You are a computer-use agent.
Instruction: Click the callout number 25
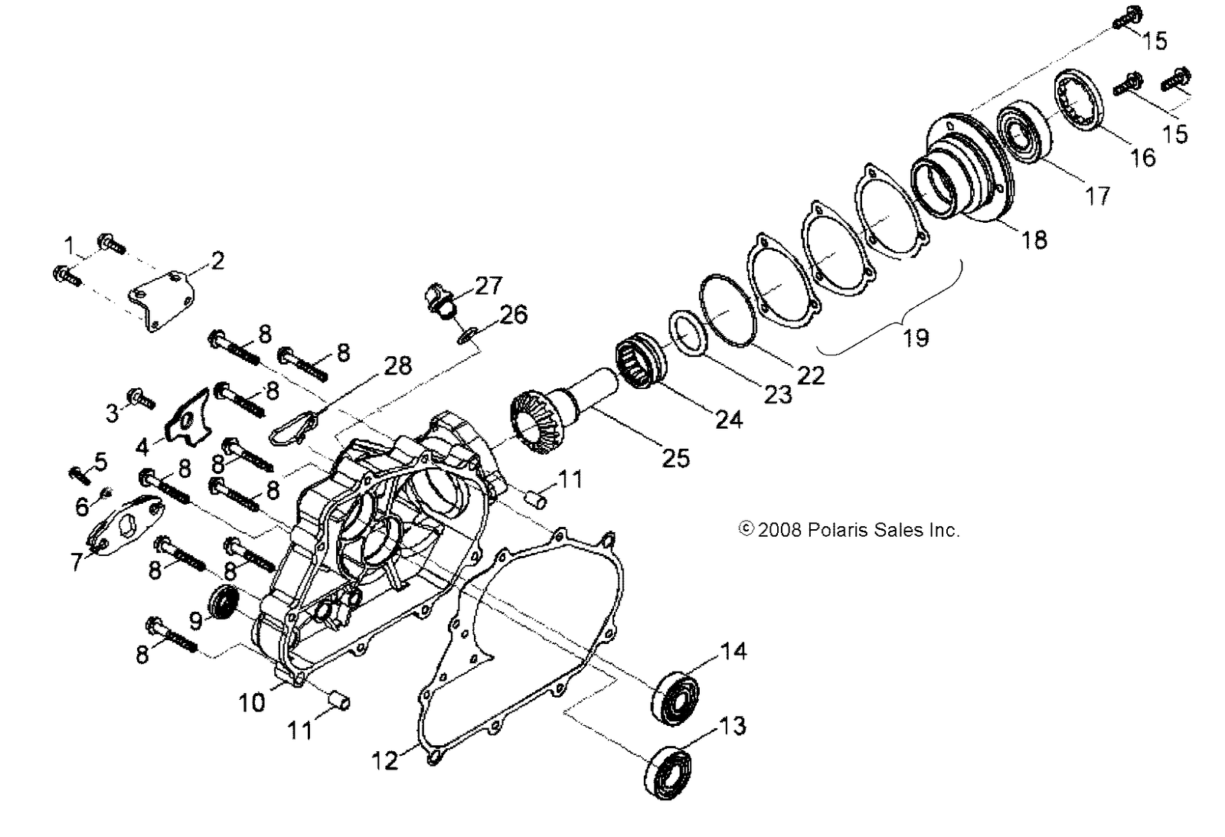pyautogui.click(x=676, y=457)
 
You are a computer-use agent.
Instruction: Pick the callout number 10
pyautogui.click(x=252, y=702)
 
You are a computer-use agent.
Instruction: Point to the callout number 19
pyautogui.click(x=916, y=337)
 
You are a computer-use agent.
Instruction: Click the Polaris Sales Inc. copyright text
pyautogui.click(x=848, y=530)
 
